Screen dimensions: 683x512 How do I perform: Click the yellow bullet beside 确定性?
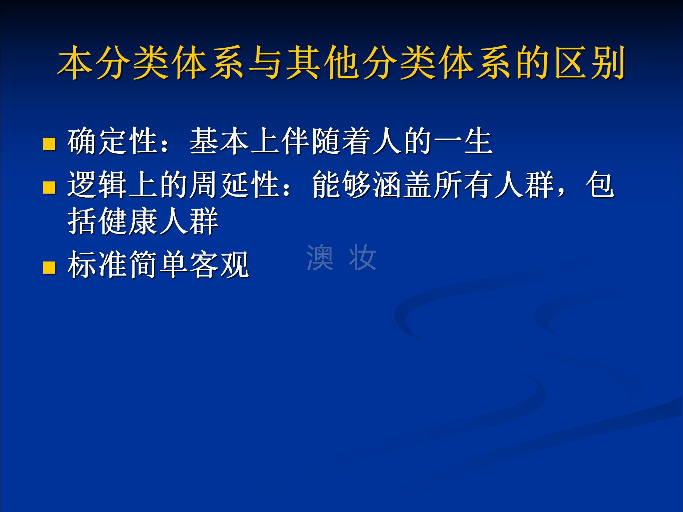coord(49,144)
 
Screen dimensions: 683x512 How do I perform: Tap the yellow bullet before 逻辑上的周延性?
coord(49,187)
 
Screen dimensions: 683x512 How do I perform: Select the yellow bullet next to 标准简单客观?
coord(49,268)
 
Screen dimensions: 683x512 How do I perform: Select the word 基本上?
coord(235,141)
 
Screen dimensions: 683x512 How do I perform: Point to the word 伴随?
coord(311,141)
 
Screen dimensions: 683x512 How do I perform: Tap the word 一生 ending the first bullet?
coord(463,141)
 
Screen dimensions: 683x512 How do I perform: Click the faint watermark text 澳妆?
coord(341,257)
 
